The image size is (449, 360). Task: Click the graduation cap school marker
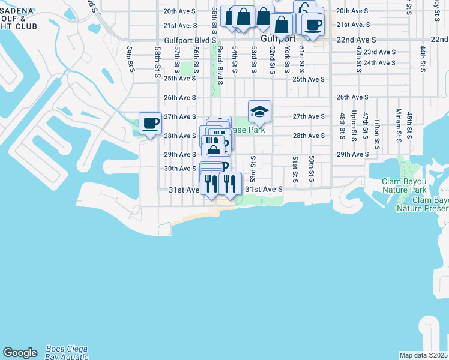[259, 112]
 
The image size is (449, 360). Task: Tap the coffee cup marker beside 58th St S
[150, 124]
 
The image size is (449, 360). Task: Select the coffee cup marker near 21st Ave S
[312, 25]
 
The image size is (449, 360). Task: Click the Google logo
[20, 353]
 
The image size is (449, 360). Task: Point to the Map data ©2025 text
[423, 355]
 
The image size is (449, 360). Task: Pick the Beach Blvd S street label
[220, 65]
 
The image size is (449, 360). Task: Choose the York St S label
[288, 58]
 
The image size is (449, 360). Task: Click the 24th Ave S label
[379, 62]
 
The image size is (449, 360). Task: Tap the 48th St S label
[341, 125]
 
